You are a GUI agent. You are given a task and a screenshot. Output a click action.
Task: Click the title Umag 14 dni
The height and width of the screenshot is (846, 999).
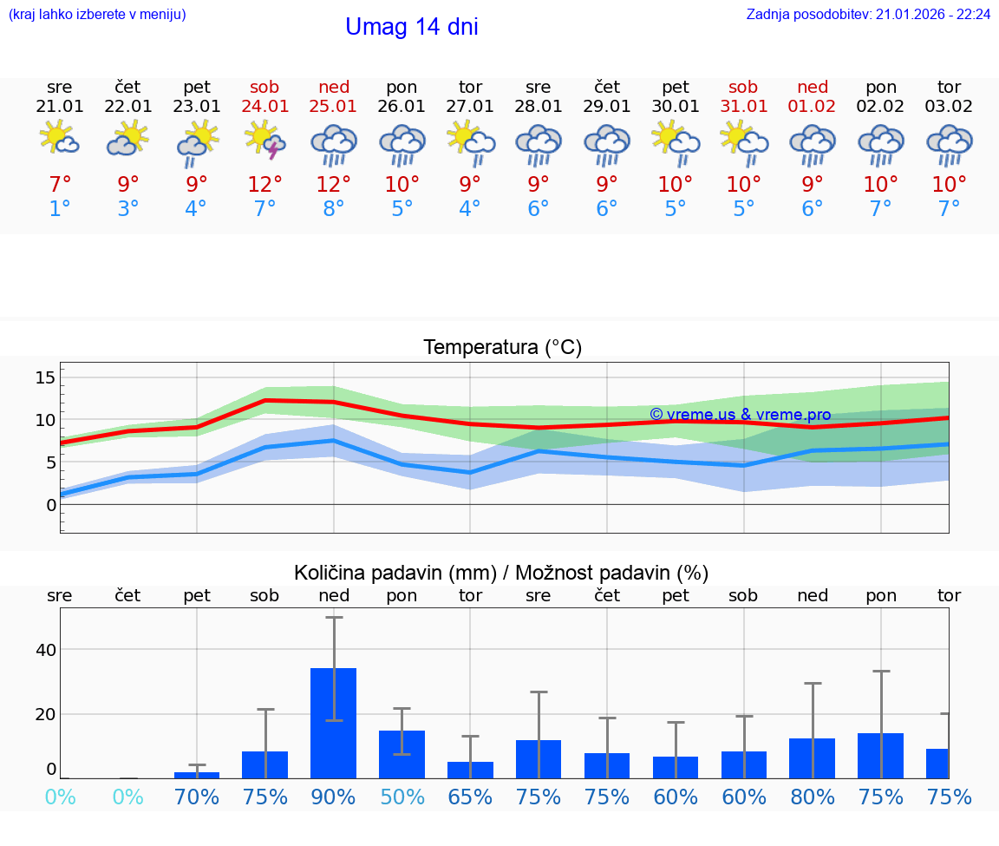411,27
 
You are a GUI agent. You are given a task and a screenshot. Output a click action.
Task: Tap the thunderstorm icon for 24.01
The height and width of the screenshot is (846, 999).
265,140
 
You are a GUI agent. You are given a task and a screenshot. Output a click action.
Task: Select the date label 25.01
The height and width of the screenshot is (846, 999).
334,107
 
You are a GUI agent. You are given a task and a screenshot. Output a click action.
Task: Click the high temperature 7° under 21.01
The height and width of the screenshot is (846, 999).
60,185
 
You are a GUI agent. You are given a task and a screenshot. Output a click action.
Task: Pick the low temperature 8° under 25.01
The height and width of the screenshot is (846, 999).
334,209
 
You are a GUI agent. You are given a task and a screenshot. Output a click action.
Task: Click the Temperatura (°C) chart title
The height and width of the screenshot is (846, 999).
502,348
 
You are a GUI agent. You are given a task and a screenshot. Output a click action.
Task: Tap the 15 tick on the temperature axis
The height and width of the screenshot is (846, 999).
45,377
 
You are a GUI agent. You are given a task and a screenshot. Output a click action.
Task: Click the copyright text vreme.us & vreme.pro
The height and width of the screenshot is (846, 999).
741,415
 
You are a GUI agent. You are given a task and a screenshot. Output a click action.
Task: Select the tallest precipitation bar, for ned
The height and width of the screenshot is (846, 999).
334,723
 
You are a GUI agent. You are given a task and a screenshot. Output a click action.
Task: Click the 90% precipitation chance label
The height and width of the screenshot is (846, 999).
334,797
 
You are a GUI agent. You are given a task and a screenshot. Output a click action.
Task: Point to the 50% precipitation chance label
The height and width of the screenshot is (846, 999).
402,797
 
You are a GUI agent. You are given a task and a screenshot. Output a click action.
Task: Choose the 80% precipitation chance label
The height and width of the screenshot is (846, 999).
813,797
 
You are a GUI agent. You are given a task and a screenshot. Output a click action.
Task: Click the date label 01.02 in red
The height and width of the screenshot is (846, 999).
813,107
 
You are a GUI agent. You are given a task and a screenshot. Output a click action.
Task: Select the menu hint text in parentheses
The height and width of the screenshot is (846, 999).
97,15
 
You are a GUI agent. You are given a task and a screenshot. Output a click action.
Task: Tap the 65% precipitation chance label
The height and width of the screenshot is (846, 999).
470,797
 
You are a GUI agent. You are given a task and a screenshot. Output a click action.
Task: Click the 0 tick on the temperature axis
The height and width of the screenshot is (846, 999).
50,505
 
